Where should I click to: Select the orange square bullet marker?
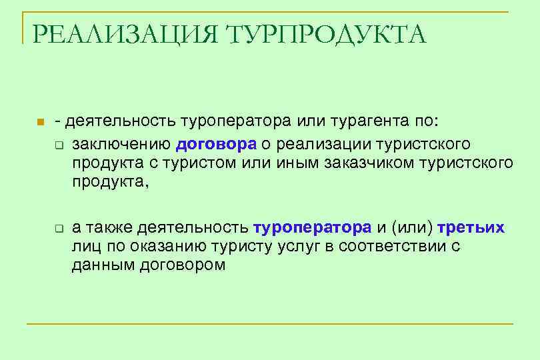[x=40, y=123]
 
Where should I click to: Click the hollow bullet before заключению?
[x=59, y=145]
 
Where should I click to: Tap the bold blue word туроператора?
[x=312, y=228]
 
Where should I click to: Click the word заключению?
[x=122, y=144]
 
